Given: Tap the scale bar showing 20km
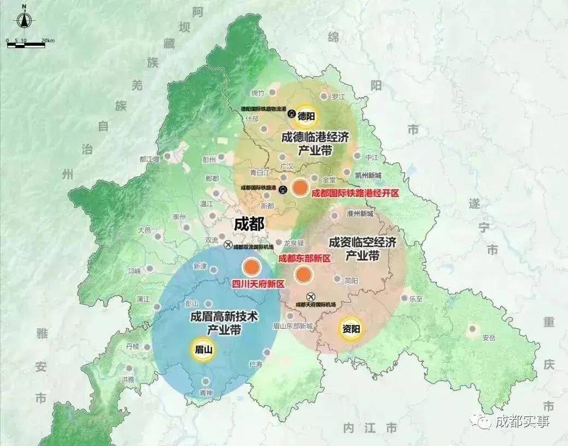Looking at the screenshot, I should tap(26, 43).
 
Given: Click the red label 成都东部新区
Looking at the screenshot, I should tap(305, 258).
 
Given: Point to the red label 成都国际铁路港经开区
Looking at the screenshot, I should tap(355, 193).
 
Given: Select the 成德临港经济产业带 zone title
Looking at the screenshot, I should tap(315, 143).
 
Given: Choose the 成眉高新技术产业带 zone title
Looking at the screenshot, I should tap(224, 323).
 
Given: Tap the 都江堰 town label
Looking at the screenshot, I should tap(149, 159).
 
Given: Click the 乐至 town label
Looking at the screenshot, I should tap(416, 299).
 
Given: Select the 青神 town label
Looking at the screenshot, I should tap(206, 392).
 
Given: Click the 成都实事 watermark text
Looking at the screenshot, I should tap(522, 421).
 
